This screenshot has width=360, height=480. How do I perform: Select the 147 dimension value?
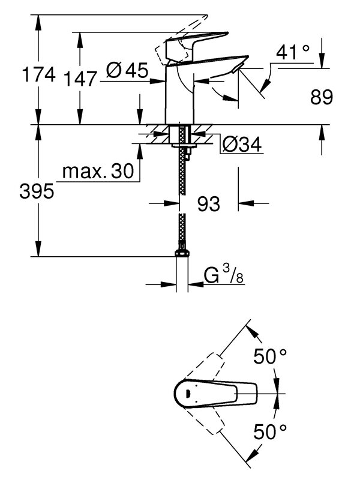click(x=79, y=76)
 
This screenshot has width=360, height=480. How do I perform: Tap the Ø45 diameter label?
click(x=127, y=71)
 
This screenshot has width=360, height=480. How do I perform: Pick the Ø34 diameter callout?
click(x=242, y=145)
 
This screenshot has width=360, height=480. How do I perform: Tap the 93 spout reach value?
click(x=208, y=204)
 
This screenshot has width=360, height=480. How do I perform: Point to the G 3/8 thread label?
click(x=224, y=277)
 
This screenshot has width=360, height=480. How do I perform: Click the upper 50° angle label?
click(x=269, y=357)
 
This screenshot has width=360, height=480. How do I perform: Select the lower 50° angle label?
click(x=269, y=430)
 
